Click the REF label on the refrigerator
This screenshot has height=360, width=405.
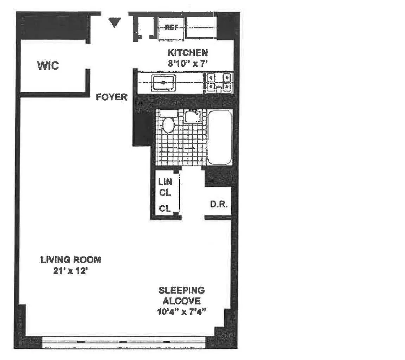pyautogui.click(x=171, y=27)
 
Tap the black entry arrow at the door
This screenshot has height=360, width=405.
pyautogui.click(x=114, y=22)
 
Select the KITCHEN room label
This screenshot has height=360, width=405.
pyautogui.click(x=188, y=53)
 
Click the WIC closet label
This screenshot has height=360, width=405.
pyautogui.click(x=48, y=65)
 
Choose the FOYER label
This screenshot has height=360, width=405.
pyautogui.click(x=112, y=97)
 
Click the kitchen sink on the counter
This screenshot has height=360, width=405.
pyautogui.click(x=163, y=83)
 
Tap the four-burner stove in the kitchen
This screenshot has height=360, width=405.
pyautogui.click(x=218, y=82)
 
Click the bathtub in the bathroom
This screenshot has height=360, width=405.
pyautogui.click(x=219, y=137)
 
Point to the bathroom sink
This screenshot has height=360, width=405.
pyautogui.click(x=192, y=115)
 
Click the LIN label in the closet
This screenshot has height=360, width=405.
pyautogui.click(x=165, y=182)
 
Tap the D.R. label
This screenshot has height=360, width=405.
pyautogui.click(x=218, y=204)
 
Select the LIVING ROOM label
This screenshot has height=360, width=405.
pyautogui.click(x=71, y=260)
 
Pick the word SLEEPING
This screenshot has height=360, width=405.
pyautogui.click(x=181, y=290)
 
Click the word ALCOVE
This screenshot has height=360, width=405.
pyautogui.click(x=181, y=301)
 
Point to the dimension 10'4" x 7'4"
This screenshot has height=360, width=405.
pyautogui.click(x=181, y=312)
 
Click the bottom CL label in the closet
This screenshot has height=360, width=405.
pyautogui.click(x=165, y=208)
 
